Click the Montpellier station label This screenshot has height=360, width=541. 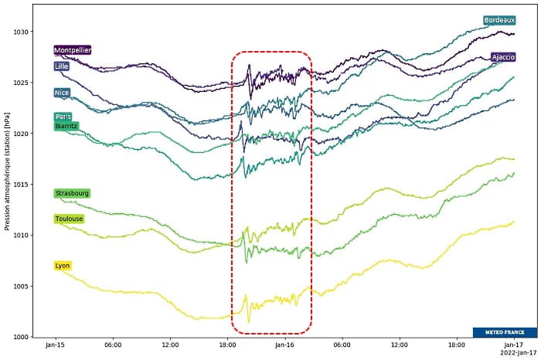point(73,50)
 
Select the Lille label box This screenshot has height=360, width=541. point(62,66)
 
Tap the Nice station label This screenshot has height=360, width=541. point(62,93)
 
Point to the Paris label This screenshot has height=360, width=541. point(63,117)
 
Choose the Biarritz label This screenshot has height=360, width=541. point(66,126)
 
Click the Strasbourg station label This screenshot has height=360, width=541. point(72,193)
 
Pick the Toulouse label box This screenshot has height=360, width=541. point(69,219)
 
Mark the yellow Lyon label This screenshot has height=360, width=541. point(63,266)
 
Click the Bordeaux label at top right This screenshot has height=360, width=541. point(499,20)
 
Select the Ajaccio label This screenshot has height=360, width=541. point(503,57)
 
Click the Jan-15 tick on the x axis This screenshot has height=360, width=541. point(55,345)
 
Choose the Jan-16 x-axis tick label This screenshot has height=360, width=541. point(284,345)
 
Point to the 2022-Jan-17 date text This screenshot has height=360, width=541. point(511,353)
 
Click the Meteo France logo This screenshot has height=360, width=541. point(505,332)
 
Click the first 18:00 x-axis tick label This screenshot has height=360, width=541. point(227,345)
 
